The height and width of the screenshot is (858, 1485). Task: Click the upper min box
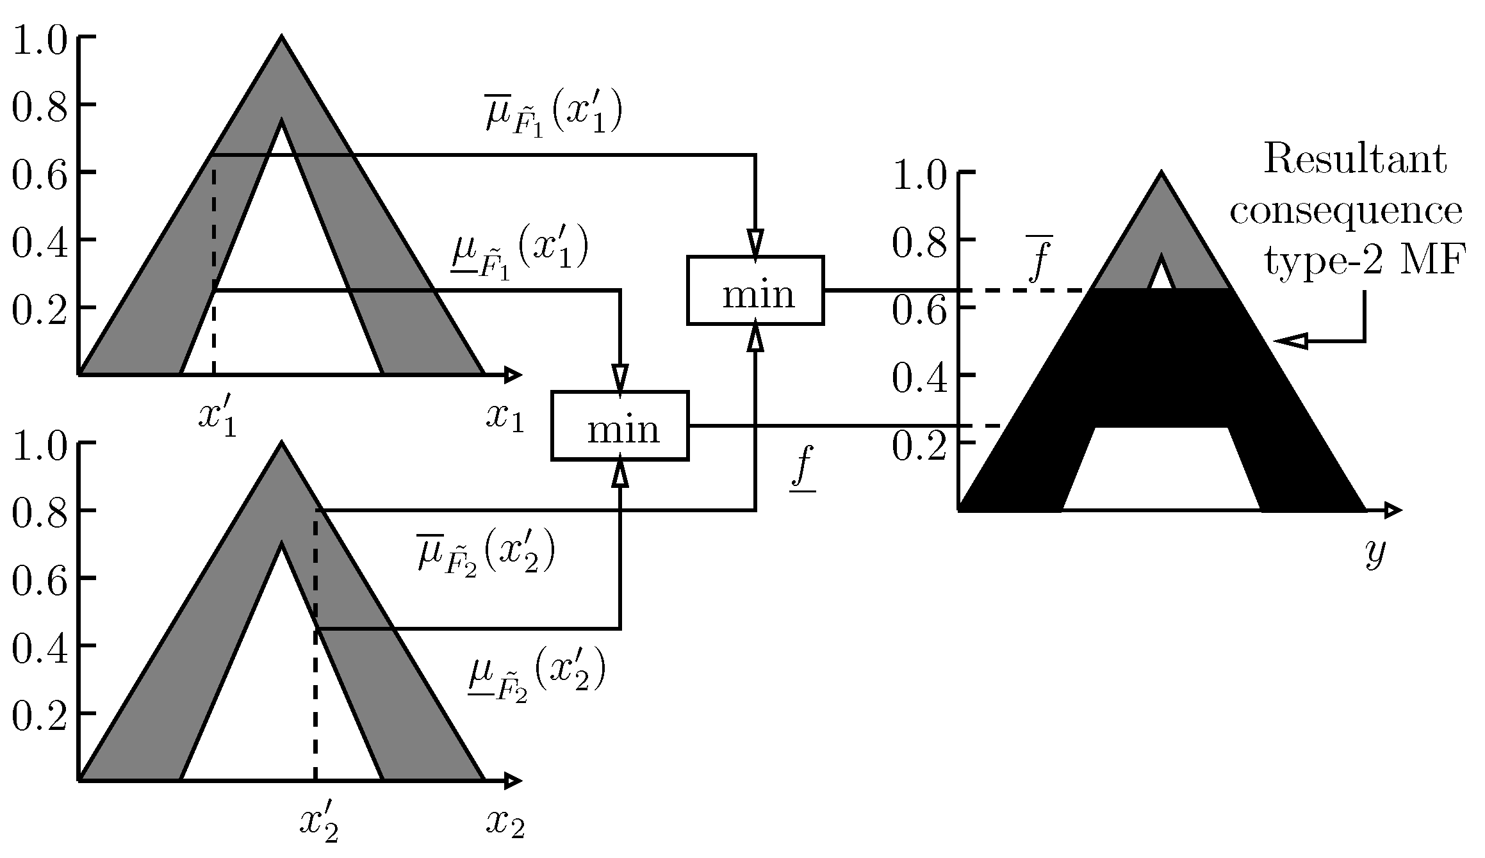click(755, 291)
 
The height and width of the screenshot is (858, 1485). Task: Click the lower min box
click(620, 426)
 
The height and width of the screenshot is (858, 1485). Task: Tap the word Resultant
click(1354, 159)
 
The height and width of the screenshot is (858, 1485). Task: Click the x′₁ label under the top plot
click(217, 419)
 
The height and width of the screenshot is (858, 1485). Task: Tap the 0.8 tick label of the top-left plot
click(40, 106)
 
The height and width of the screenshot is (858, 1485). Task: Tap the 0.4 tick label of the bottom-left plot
click(40, 647)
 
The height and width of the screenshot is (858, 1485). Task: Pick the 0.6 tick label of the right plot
click(920, 309)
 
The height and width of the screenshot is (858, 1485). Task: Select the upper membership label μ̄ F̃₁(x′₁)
click(554, 117)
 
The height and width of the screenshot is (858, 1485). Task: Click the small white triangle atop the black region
click(1161, 277)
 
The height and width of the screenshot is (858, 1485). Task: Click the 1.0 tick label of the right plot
click(920, 175)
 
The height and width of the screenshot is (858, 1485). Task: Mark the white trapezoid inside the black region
click(1161, 471)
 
